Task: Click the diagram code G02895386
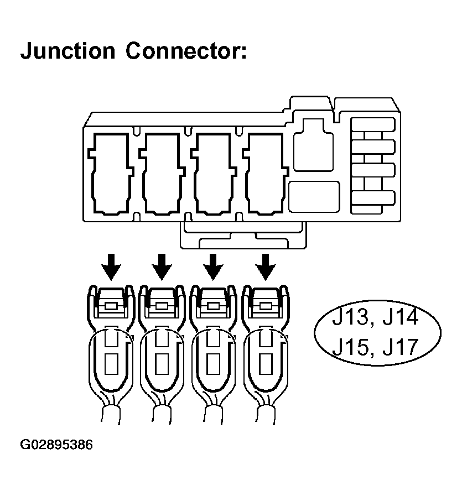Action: [x=56, y=445]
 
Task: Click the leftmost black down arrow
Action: [x=111, y=267]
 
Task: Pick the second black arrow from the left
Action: [x=162, y=267]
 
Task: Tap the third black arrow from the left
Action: [x=213, y=267]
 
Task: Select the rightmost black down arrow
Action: [x=266, y=267]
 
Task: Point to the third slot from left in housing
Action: [x=214, y=173]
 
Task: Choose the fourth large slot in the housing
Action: [x=266, y=173]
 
